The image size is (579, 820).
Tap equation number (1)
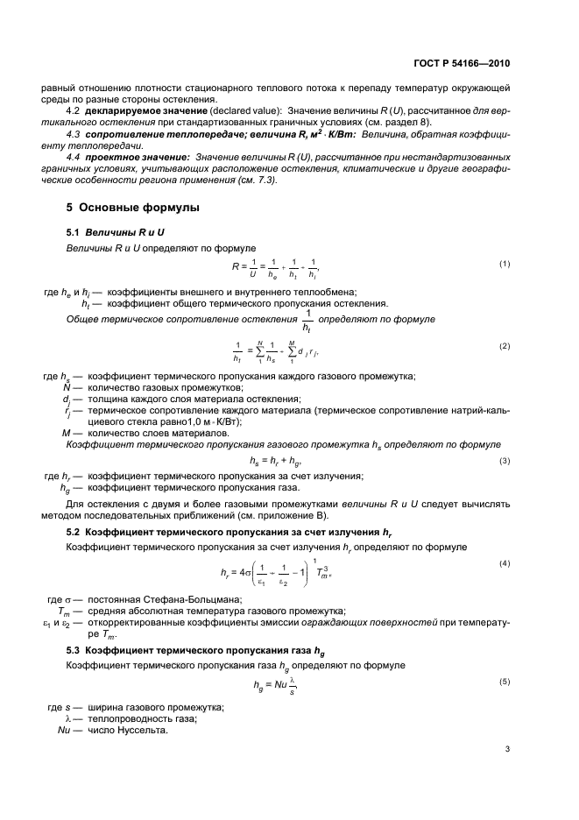(x=505, y=264)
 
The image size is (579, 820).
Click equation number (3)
(x=505, y=460)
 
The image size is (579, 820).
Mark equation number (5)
(x=505, y=681)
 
